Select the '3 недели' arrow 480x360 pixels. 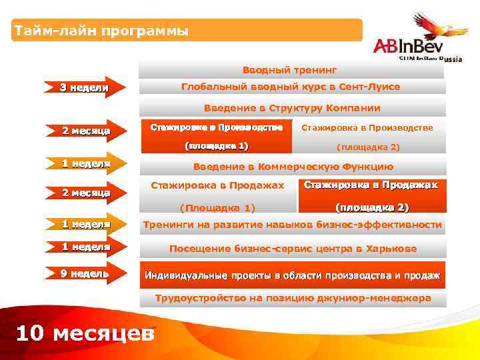click(x=84, y=87)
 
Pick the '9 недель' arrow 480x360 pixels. click(x=84, y=274)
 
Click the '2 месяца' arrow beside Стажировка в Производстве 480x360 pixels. click(x=84, y=131)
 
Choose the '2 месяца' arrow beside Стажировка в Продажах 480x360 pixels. click(x=84, y=193)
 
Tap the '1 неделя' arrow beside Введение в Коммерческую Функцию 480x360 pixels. click(x=84, y=163)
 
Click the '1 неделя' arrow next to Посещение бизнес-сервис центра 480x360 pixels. click(x=84, y=247)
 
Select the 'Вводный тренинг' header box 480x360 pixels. click(x=290, y=69)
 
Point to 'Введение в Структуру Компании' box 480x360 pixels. click(x=292, y=108)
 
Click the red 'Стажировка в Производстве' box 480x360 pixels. click(x=217, y=136)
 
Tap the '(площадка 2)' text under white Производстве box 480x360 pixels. click(x=368, y=147)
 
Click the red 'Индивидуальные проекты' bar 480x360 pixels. click(x=292, y=275)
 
